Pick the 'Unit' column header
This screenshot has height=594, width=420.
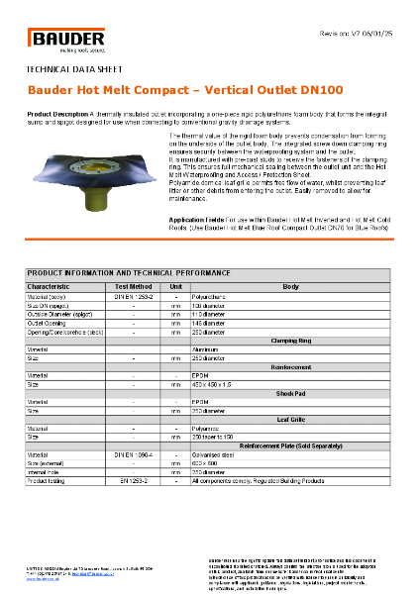[175, 286]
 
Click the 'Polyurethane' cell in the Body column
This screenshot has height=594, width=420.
[212, 296]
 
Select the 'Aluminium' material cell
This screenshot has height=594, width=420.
[208, 348]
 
